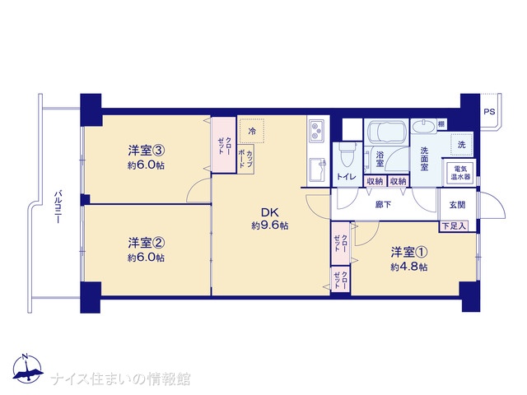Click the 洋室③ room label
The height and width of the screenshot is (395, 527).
click(x=147, y=151)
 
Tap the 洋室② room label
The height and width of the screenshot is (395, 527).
click(x=147, y=243)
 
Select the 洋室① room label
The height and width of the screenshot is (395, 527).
click(x=409, y=252)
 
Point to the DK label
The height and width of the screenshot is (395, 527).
click(x=270, y=212)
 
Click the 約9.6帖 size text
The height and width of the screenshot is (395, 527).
click(x=270, y=225)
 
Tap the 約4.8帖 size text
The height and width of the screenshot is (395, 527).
click(x=409, y=267)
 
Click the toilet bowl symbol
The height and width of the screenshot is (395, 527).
click(x=347, y=155)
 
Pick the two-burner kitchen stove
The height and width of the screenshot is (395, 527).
click(x=317, y=131)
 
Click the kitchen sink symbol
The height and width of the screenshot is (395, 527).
click(x=317, y=170)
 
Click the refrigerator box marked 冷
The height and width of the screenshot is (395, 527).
click(x=251, y=131)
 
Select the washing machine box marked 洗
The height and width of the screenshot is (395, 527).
click(x=461, y=145)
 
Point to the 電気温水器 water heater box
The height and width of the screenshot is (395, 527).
click(x=459, y=173)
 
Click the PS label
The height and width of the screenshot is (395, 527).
click(x=489, y=112)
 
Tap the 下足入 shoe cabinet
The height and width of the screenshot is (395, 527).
click(x=454, y=226)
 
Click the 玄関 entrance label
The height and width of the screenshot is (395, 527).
click(x=458, y=205)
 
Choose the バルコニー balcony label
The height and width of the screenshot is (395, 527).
click(x=58, y=207)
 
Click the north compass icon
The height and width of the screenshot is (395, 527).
click(x=27, y=369)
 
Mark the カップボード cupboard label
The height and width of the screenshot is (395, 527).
click(x=245, y=159)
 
